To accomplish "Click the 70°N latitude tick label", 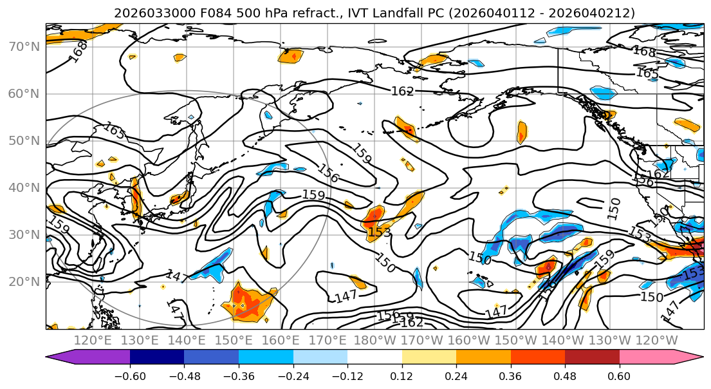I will point(24,46).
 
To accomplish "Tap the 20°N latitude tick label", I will point(24,281).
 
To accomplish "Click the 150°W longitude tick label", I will point(515,340).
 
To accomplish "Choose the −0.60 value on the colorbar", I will point(129,375).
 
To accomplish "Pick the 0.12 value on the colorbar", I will point(402,375).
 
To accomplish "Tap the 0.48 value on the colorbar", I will point(565,375).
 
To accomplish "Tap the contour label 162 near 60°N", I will point(402,91).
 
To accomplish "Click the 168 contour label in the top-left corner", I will point(79,51).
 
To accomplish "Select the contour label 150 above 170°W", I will point(385,263).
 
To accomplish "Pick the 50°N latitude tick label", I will point(24,140).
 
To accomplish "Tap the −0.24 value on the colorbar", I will point(293,375).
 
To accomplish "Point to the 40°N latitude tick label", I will point(24,187).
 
